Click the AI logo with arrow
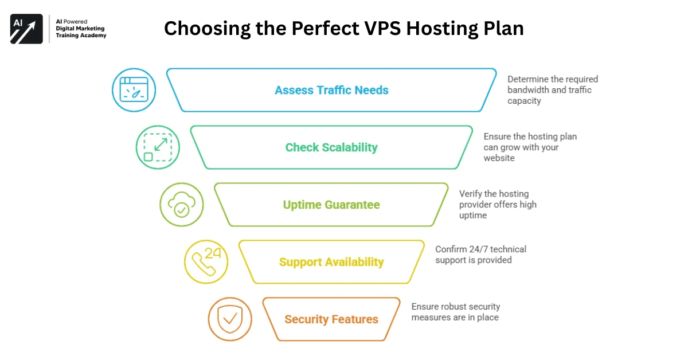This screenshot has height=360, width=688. (x=26, y=29)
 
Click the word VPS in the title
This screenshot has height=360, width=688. (x=382, y=28)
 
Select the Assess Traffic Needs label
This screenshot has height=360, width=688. (x=331, y=90)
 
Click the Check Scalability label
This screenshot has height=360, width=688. (x=331, y=147)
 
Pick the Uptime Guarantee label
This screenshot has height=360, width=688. (x=331, y=205)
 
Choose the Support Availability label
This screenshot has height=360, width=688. (x=331, y=262)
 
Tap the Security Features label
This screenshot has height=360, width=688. (x=331, y=319)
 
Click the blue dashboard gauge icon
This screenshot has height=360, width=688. (x=133, y=90)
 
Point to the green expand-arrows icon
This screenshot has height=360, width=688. (x=157, y=147)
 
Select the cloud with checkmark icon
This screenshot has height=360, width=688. (x=181, y=205)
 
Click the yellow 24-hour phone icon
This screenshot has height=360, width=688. (x=206, y=261)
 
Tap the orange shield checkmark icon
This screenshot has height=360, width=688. (x=229, y=319)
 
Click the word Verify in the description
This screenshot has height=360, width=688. (x=471, y=194)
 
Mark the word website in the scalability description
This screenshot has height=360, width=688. (x=499, y=158)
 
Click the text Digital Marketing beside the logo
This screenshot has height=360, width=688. (x=80, y=28)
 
